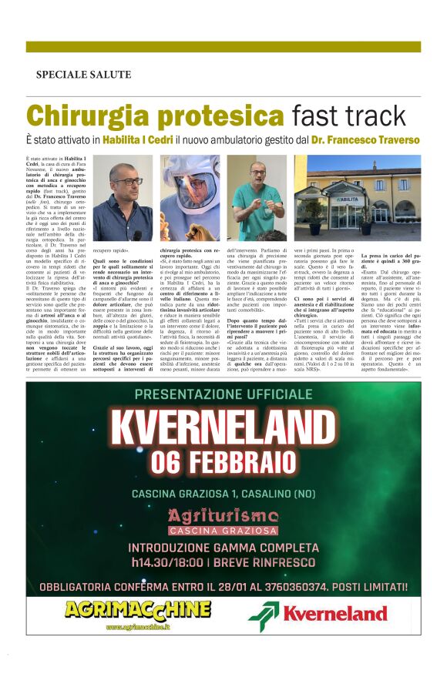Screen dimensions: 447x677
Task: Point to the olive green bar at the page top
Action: [x=223, y=47]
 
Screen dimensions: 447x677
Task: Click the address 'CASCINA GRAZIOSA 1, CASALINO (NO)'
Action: [x=223, y=493]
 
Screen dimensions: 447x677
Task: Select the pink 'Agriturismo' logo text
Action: [x=223, y=515]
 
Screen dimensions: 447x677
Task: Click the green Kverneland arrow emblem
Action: [x=263, y=614]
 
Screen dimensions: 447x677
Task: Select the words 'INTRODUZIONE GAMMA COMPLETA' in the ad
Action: [x=223, y=548]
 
